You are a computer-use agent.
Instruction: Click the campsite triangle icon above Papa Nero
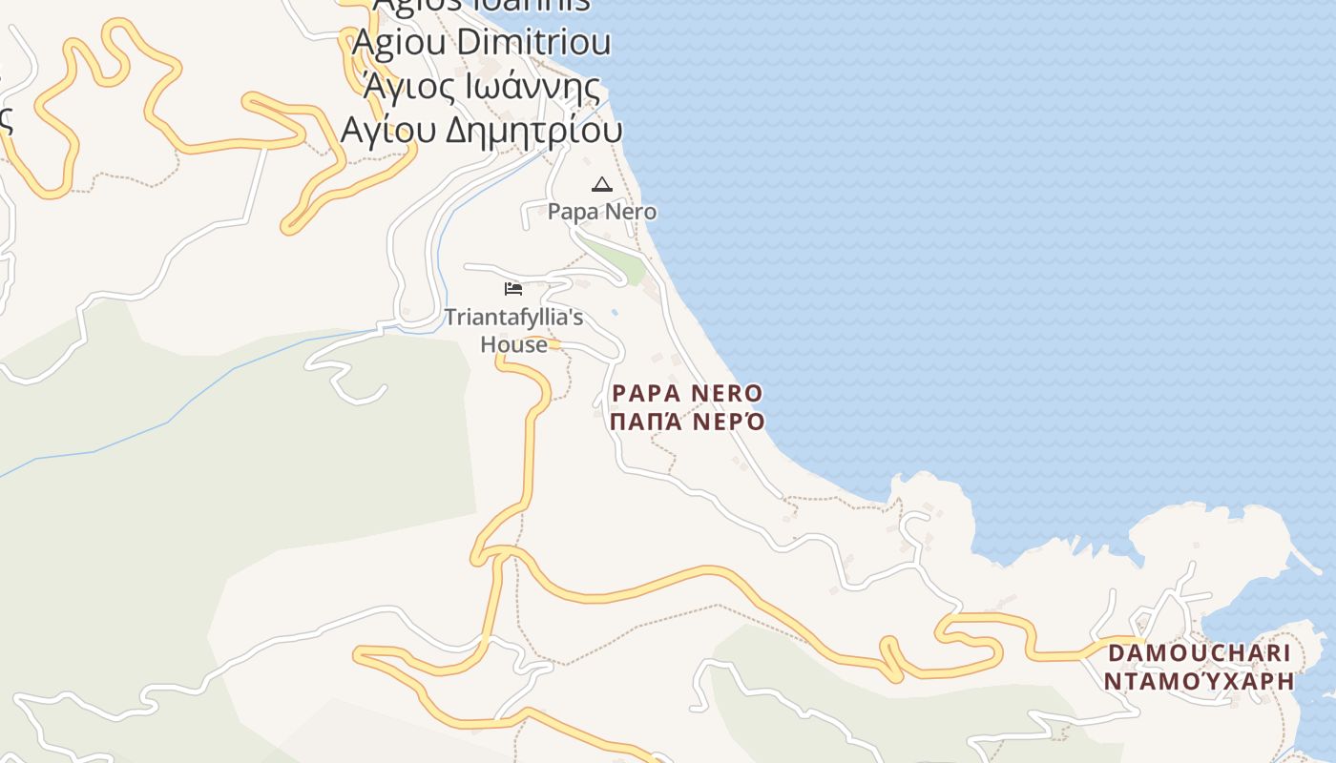coord(601,184)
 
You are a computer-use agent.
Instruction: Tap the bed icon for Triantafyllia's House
coord(513,289)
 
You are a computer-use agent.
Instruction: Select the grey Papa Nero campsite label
coord(602,212)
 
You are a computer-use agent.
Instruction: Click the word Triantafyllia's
coord(513,318)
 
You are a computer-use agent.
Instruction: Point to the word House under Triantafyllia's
coord(513,344)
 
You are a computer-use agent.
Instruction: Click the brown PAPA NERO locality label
coord(687,394)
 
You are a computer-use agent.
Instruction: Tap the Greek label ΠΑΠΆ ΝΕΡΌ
coord(687,422)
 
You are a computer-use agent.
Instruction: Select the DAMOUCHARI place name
coord(1199,654)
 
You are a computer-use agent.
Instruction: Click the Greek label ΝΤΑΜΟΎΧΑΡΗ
coord(1199,681)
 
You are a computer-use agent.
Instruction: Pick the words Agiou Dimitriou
coord(482,43)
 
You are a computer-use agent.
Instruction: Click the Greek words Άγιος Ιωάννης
coord(482,87)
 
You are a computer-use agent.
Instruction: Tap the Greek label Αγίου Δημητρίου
coord(482,129)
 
